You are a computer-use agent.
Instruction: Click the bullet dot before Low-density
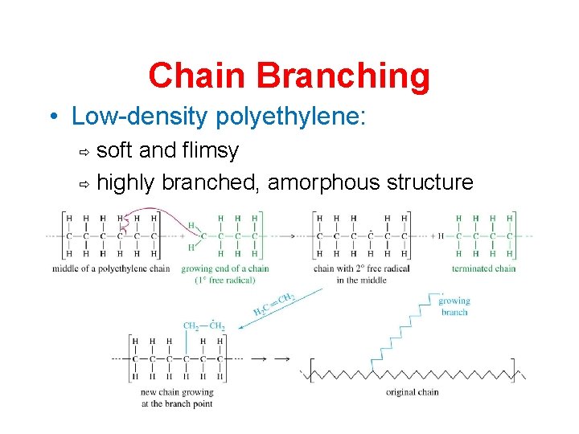pyautogui.click(x=53, y=117)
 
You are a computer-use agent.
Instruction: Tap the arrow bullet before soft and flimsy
pyautogui.click(x=81, y=151)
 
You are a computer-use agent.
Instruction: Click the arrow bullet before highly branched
pyautogui.click(x=81, y=184)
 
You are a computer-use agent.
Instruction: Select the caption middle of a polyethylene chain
pyautogui.click(x=111, y=268)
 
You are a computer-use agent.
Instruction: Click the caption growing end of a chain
pyautogui.click(x=225, y=268)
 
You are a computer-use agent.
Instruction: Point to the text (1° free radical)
pyautogui.click(x=225, y=280)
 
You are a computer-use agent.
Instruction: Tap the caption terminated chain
pyautogui.click(x=482, y=268)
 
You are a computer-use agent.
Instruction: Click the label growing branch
pyautogui.click(x=454, y=306)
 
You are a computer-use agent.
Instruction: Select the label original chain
pyautogui.click(x=412, y=392)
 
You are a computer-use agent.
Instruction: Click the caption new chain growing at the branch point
pyautogui.click(x=176, y=398)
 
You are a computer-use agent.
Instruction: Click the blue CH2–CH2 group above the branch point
pyautogui.click(x=203, y=325)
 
